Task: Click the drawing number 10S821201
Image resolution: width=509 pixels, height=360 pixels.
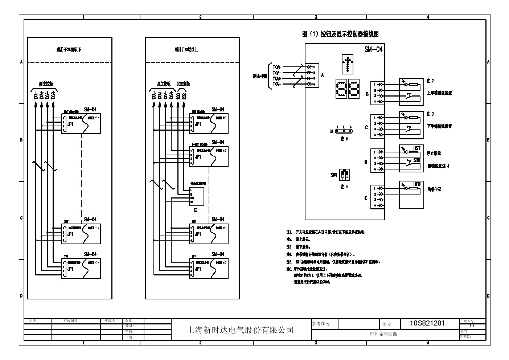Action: click(427, 323)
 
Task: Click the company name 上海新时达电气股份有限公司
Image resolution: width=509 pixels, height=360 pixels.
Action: click(240, 330)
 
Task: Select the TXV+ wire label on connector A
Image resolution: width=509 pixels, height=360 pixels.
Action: click(277, 67)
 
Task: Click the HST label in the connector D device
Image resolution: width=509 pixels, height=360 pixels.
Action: click(417, 148)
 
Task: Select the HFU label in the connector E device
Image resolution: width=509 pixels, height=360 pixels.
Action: click(417, 184)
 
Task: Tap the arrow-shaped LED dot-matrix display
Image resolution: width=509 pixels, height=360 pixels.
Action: click(348, 65)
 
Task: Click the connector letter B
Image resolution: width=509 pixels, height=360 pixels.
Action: click(367, 94)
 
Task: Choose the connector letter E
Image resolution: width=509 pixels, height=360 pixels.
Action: click(366, 198)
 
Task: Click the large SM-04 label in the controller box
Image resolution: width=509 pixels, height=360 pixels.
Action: click(373, 49)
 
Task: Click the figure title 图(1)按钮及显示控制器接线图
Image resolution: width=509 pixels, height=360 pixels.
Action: click(340, 34)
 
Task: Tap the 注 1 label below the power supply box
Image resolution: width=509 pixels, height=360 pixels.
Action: click(197, 210)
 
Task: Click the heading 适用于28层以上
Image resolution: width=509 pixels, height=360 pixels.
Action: click(186, 50)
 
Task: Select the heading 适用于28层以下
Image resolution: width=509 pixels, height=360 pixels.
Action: click(69, 50)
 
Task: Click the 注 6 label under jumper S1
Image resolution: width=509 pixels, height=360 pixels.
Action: click(344, 139)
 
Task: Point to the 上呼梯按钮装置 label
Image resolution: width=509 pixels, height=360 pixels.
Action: click(439, 93)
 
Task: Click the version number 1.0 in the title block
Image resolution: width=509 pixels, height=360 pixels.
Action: click(472, 326)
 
